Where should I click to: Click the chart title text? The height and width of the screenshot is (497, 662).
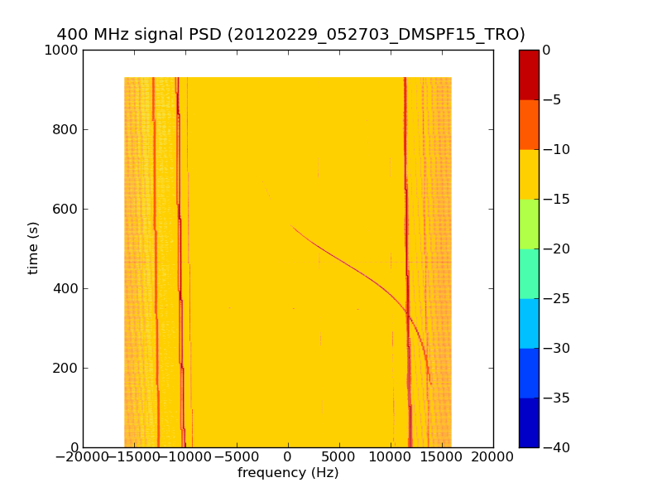click(290, 35)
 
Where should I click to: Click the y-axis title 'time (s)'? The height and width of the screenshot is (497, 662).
click(33, 248)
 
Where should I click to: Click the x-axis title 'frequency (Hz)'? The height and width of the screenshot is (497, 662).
click(288, 473)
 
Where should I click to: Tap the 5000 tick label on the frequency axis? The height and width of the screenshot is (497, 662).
click(339, 457)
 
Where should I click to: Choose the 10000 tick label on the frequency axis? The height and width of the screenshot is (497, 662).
click(391, 457)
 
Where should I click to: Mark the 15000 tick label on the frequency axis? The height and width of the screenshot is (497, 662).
click(442, 457)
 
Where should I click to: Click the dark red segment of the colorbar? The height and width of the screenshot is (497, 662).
click(529, 75)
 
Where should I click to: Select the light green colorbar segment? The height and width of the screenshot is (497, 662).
click(529, 224)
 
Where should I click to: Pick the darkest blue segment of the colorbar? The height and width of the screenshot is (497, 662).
click(529, 422)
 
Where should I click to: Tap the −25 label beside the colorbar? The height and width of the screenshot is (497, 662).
click(555, 298)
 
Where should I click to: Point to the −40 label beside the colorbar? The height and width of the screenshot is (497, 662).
click(555, 447)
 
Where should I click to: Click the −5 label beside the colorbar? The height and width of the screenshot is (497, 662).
click(552, 99)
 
